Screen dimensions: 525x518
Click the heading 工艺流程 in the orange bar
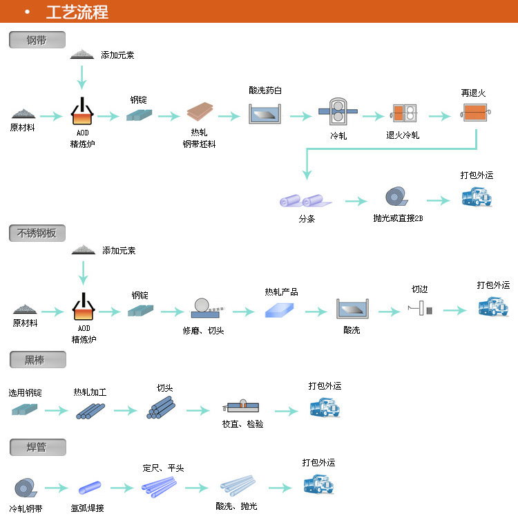[77, 12]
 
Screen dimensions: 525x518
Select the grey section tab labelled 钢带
[37, 40]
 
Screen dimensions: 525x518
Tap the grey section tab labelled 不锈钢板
[37, 233]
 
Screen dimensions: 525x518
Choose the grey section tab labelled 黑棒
[37, 359]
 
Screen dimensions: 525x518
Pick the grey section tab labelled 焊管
[37, 447]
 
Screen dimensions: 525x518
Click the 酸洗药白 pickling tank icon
[266, 113]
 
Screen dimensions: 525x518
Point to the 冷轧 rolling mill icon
[338, 111]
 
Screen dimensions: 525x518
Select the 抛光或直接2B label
[398, 218]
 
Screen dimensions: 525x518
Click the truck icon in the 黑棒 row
[325, 408]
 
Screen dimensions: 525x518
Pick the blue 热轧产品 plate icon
[280, 310]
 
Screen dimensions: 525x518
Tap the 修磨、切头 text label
[203, 330]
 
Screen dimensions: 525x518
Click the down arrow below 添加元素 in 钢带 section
[82, 76]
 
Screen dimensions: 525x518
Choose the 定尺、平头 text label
[163, 468]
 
